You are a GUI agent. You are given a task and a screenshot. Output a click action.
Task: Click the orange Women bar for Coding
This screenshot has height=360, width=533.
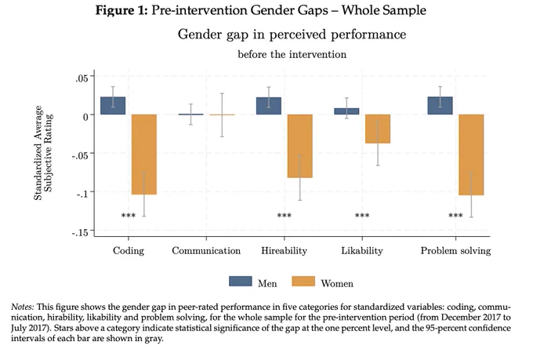point(144,155)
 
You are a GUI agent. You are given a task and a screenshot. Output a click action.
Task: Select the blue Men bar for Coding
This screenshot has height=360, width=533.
point(113,106)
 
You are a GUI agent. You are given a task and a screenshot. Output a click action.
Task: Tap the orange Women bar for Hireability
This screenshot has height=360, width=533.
point(299,146)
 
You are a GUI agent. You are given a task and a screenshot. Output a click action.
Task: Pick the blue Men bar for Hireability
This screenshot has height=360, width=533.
point(269,106)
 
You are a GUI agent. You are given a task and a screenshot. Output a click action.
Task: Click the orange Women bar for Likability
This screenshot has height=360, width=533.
point(378,129)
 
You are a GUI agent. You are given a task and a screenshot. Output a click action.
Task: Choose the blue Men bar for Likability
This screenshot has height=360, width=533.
point(346,111)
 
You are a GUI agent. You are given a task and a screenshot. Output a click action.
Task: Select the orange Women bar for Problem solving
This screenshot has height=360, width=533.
point(471,155)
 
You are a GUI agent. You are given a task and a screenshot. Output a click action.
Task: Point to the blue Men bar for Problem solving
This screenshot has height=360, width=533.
point(440,106)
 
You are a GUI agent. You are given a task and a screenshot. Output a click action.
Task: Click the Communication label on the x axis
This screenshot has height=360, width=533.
point(206,251)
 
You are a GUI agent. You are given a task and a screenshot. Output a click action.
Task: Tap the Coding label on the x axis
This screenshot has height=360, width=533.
point(129,251)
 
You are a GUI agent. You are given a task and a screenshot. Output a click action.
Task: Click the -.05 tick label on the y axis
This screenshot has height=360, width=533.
point(79,155)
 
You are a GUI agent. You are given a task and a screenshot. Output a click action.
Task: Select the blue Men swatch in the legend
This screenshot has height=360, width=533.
point(241,282)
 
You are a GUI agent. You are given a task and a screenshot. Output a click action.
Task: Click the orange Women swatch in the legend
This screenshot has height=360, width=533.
point(303,282)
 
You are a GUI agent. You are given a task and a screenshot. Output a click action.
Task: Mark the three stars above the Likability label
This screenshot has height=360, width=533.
point(362,215)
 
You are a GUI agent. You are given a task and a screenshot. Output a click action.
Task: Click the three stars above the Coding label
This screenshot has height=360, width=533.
point(129,215)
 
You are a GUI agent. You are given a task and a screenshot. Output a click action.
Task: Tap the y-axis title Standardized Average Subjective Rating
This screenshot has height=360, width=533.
point(43,153)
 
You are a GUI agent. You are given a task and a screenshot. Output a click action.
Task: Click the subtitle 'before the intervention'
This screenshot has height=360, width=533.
point(292,54)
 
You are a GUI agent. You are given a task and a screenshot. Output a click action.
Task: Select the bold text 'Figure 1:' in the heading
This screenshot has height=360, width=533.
point(121,10)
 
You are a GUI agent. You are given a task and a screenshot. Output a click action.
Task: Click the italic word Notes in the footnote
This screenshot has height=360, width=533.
point(23,307)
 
